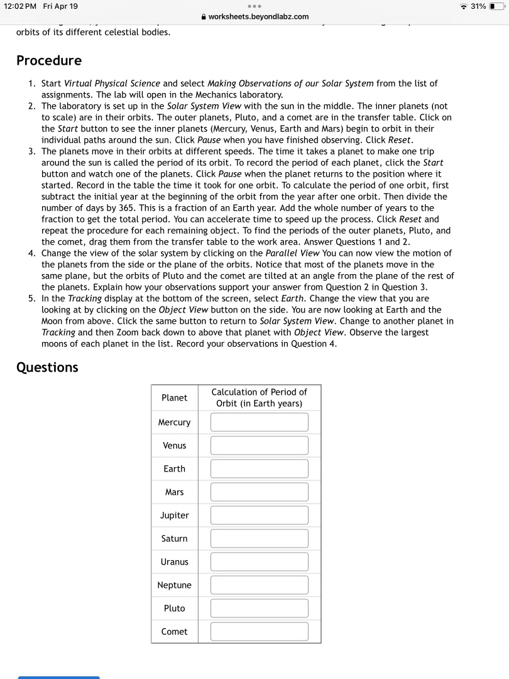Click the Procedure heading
[49, 60]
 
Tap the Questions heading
[47, 367]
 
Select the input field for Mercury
[259, 422]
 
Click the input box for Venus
[259, 446]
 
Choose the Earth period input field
[259, 469]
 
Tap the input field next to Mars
[259, 492]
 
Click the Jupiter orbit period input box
[259, 516]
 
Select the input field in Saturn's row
[259, 539]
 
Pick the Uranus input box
[259, 562]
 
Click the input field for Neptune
[259, 585]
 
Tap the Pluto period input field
[259, 609]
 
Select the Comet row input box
[259, 632]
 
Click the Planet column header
[174, 397]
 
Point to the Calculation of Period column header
[259, 397]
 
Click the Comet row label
[174, 632]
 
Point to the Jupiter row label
[174, 516]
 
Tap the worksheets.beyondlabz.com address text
[258, 16]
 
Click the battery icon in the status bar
[496, 6]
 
